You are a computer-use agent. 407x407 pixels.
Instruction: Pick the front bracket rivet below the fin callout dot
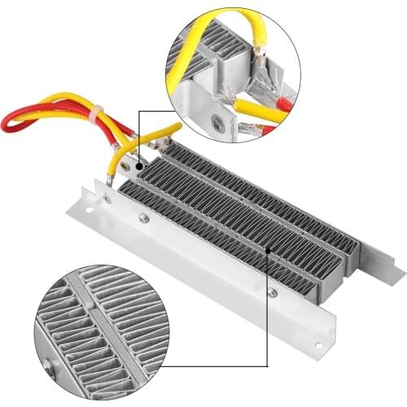click(271, 291)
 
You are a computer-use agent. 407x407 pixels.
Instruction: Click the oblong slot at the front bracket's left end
click(107, 198)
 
